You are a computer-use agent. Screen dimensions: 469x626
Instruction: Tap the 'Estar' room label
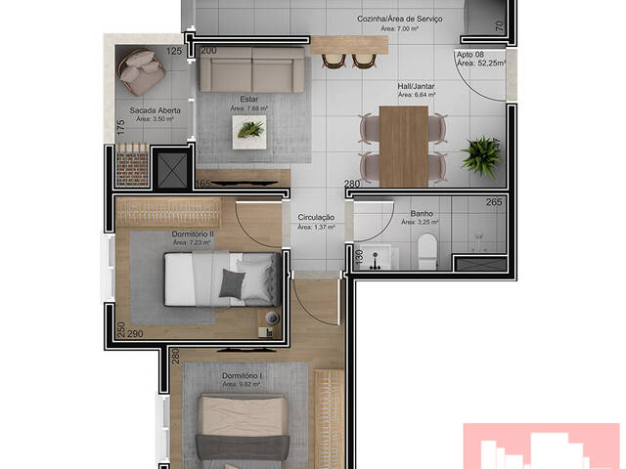tap(247, 99)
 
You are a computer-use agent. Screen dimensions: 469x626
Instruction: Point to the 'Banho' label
tap(422, 213)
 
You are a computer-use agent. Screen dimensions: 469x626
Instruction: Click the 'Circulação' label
tap(316, 217)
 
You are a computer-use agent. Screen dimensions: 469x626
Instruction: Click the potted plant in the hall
tap(480, 152)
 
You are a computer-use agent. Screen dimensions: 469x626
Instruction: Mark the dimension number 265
tap(494, 203)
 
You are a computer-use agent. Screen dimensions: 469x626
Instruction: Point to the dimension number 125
tap(174, 51)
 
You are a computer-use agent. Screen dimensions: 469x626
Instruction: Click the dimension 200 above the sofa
tap(208, 51)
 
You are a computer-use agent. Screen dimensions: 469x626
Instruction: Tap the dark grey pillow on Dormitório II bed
tap(233, 283)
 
